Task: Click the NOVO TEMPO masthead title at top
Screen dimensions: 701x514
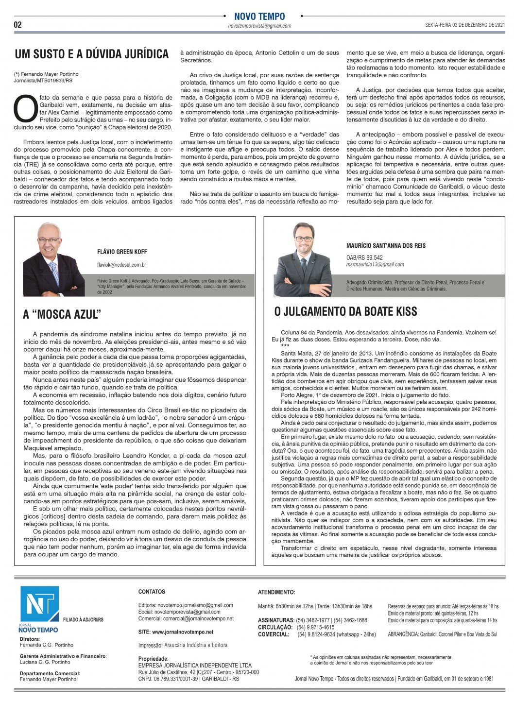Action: coord(259,17)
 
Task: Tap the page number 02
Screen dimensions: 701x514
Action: coord(17,25)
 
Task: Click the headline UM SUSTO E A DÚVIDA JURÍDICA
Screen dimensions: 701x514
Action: coord(92,54)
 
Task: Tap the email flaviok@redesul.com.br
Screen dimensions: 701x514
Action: coord(121,265)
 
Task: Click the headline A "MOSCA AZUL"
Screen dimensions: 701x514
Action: coord(62,314)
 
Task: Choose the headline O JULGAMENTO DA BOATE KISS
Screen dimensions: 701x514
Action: coord(345,311)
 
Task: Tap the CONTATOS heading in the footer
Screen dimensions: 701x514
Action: coord(152,592)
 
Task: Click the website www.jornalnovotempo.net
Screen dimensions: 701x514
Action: coord(183,632)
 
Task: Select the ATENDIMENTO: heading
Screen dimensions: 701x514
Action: coord(276,592)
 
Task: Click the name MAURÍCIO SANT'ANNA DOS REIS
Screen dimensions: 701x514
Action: coord(386,246)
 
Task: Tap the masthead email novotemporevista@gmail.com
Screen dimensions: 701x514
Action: coord(259,26)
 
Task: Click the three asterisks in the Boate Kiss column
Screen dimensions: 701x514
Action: coord(285,346)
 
